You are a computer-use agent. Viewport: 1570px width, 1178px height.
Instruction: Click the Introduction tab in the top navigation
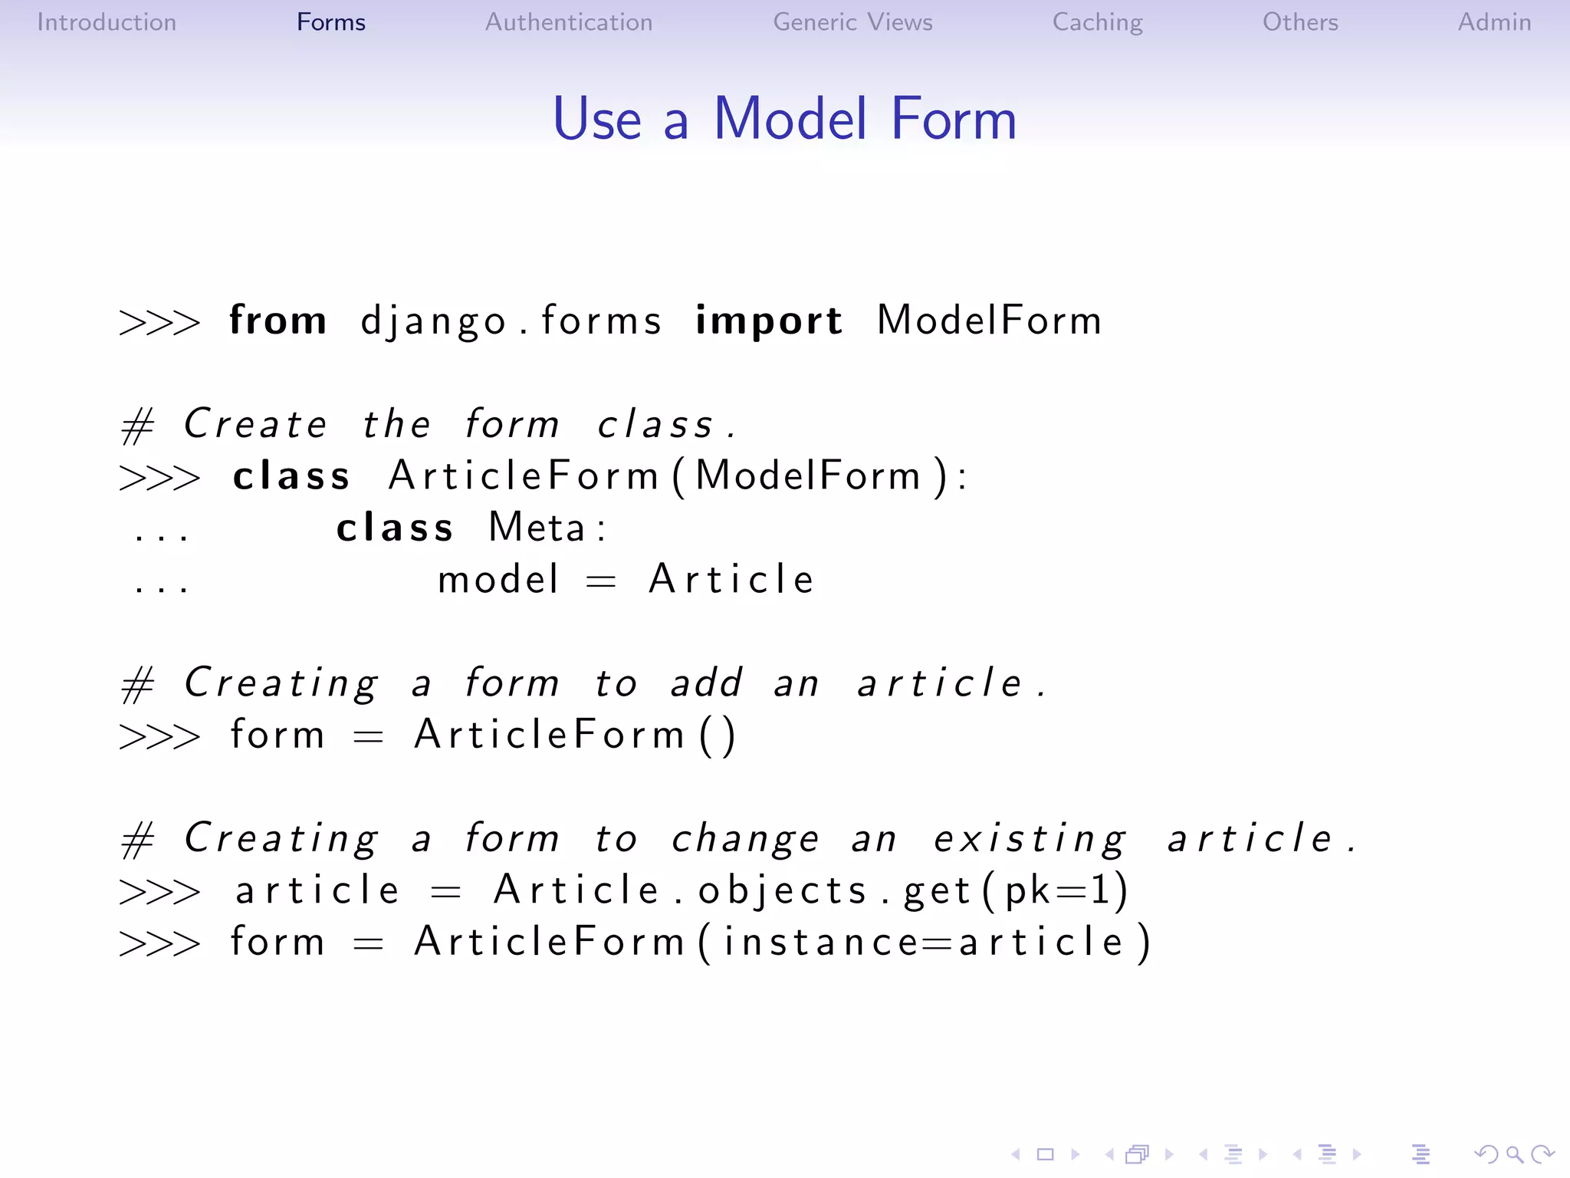107,22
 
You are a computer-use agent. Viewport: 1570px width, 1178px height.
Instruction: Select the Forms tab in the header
330,22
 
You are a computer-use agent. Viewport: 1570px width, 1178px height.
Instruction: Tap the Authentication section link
569,22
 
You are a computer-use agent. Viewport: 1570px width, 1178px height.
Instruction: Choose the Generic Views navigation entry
852,22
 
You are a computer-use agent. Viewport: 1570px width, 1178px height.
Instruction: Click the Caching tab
1097,22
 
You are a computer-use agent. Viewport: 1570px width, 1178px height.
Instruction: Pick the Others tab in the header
1300,22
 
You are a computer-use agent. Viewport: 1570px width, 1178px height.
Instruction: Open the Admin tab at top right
1494,22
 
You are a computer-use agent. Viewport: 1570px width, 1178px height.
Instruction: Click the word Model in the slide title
790,120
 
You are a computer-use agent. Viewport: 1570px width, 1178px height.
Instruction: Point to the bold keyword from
278,320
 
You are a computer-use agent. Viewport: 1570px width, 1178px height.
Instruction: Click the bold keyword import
768,321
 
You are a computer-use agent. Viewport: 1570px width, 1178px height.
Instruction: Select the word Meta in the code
537,528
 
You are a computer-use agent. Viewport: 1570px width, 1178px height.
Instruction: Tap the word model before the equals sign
498,579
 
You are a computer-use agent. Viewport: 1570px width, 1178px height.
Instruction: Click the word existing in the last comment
1030,839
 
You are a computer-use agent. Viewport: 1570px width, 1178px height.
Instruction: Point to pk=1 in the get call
1056,891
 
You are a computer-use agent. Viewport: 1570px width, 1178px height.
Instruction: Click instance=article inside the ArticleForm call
924,943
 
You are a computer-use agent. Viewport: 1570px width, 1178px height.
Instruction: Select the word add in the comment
707,683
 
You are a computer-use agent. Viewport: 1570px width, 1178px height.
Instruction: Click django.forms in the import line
511,321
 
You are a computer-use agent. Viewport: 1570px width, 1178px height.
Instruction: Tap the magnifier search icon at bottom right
1514,1154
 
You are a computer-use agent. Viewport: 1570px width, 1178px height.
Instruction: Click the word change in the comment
745,839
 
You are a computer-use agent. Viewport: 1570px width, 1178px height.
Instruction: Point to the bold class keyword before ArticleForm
291,476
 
